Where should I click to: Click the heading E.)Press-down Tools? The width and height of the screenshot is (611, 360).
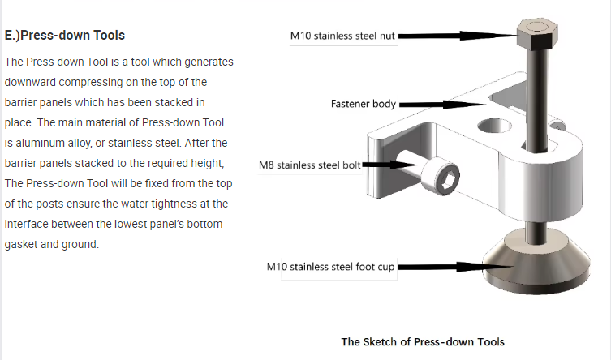(x=65, y=36)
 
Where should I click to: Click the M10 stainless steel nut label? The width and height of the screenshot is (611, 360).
(x=343, y=36)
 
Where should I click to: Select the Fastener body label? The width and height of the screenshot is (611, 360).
(x=363, y=105)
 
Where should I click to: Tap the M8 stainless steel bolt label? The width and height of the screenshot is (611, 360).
(x=309, y=165)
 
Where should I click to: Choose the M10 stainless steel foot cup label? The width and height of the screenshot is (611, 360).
(x=331, y=267)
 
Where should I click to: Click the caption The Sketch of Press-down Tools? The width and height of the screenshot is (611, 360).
(x=422, y=341)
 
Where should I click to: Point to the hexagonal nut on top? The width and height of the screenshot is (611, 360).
(x=536, y=34)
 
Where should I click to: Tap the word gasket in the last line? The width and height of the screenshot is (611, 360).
(x=23, y=244)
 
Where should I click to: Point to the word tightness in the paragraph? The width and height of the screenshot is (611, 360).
(x=182, y=204)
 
